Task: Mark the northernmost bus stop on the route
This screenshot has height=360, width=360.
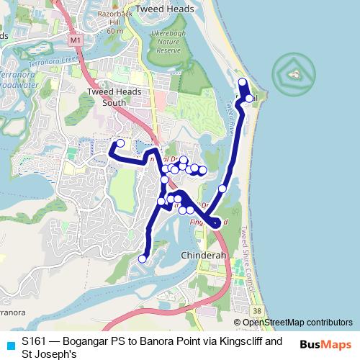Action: (x=243, y=82)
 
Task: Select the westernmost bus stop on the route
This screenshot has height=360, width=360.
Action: (x=120, y=143)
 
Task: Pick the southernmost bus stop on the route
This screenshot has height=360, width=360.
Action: (x=143, y=258)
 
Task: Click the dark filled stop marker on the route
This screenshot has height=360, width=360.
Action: (x=215, y=224)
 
